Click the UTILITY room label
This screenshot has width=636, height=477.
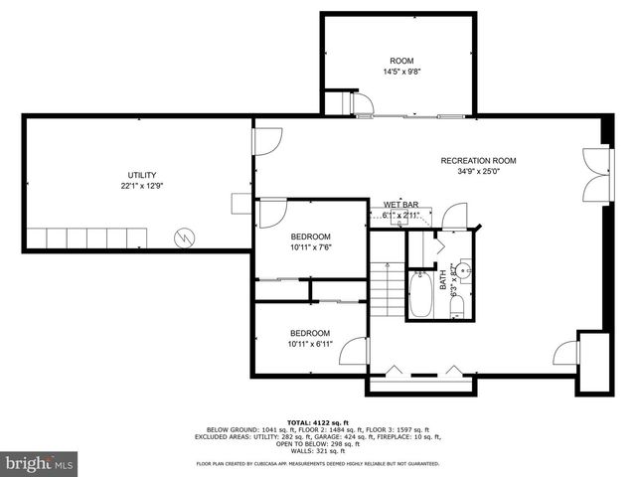(141, 175)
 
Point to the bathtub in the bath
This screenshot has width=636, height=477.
(420, 295)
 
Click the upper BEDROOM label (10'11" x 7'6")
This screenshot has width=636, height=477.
(310, 236)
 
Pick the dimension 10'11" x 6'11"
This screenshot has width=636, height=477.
(310, 344)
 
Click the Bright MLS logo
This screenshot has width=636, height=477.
(39, 462)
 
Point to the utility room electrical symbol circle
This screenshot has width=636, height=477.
(184, 238)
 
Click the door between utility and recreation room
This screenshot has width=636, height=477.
(264, 143)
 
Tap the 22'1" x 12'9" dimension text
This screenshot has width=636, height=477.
(141, 186)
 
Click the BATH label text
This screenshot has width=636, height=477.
(442, 281)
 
